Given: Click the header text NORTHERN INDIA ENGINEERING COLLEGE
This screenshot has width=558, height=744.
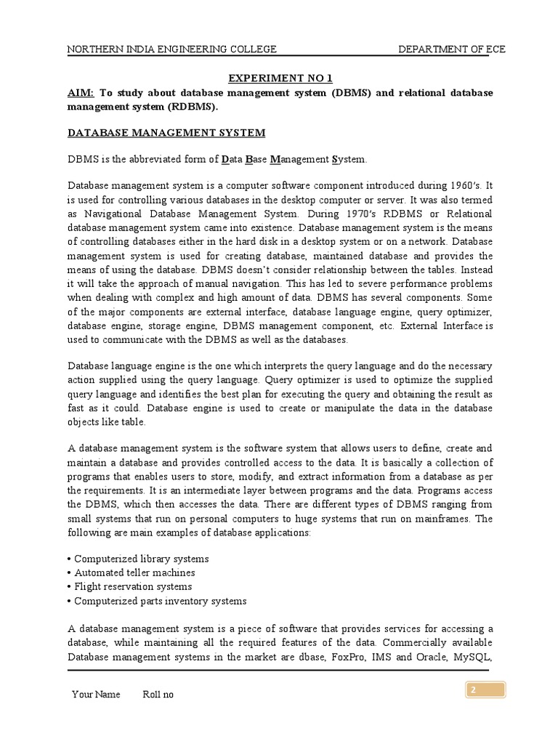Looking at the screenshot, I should click(171, 49).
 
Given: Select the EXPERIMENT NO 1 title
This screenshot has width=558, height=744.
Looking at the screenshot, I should click(280, 78).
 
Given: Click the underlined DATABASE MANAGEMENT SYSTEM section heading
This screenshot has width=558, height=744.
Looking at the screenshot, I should click(166, 133).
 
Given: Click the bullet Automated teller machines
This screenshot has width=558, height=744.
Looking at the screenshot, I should click(131, 573).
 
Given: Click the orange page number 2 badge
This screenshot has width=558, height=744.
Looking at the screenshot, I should click(485, 690).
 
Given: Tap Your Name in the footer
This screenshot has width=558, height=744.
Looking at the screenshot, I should click(96, 695).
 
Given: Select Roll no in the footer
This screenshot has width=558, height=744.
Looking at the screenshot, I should click(158, 695).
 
